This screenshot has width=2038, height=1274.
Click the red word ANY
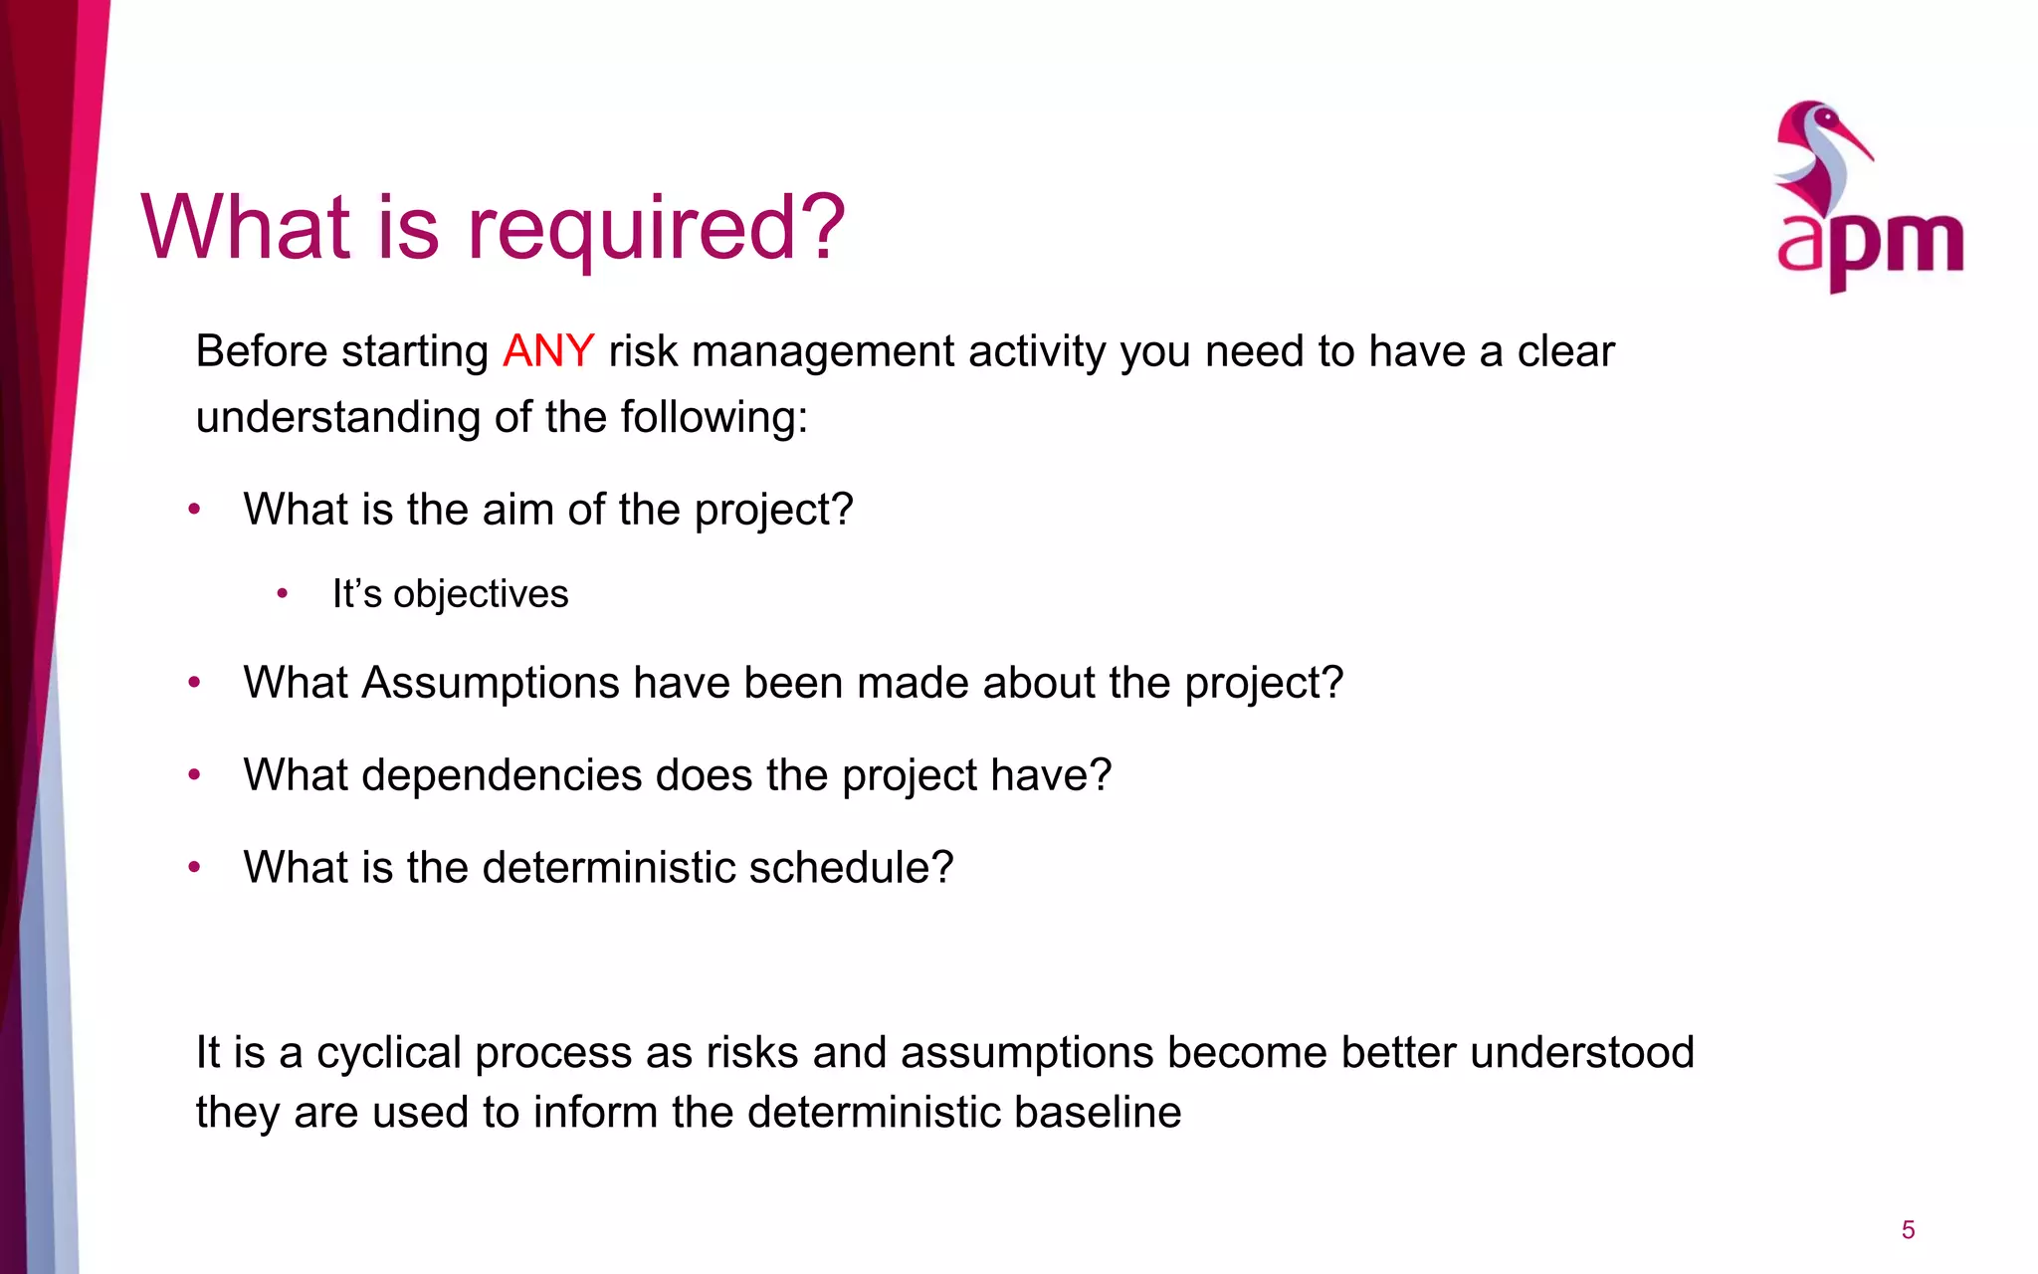point(548,351)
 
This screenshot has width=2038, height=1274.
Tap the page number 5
point(1908,1230)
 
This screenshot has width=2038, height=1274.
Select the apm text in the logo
point(1870,244)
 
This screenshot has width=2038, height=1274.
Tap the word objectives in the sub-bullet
point(481,594)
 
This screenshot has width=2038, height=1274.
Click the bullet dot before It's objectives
point(283,594)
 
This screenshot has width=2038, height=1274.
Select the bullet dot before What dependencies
point(195,775)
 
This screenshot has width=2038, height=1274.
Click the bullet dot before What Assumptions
point(195,683)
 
